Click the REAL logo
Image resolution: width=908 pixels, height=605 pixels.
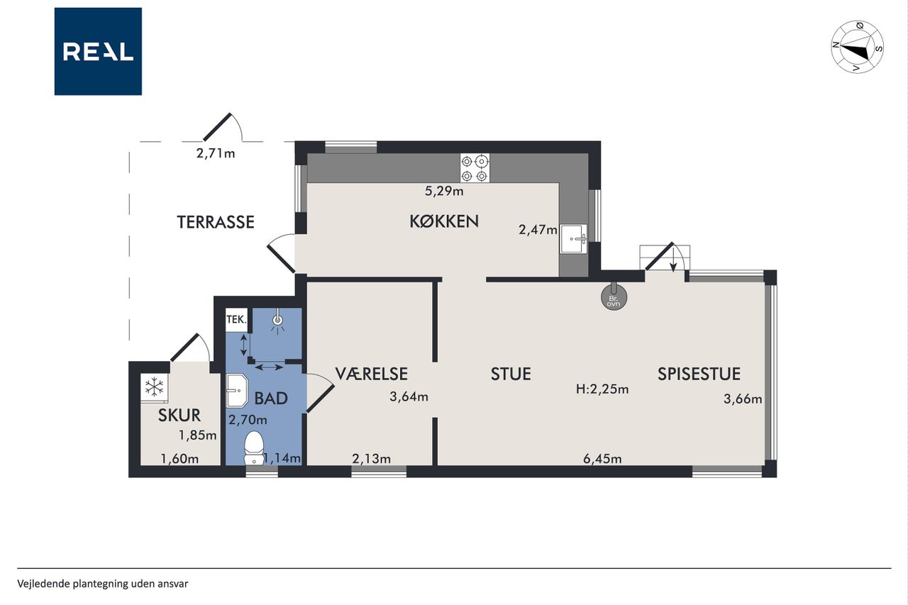pos(98,52)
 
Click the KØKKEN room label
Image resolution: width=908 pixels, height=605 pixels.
pos(444,222)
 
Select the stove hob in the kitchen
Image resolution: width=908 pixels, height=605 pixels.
pos(475,167)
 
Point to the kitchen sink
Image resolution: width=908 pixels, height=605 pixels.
pos(573,239)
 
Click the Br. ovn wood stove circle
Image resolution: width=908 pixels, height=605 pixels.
pos(614,298)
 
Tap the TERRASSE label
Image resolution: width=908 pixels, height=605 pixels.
pos(216,222)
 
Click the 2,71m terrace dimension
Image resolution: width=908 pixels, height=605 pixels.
pos(216,154)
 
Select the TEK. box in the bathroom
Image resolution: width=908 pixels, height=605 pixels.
pos(236,320)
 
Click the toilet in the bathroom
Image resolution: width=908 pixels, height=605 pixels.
pos(254,448)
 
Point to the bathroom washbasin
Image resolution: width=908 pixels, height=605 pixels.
pos(237,390)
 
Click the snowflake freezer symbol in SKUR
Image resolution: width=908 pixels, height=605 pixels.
pos(155,387)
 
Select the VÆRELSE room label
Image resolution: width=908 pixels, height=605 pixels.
pos(371,374)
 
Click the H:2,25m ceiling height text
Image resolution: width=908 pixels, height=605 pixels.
pos(602,389)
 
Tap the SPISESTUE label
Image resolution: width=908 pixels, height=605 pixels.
pos(699,374)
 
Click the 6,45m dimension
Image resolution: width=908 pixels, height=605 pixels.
pos(602,459)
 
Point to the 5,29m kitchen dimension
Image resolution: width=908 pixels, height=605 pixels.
pos(444,191)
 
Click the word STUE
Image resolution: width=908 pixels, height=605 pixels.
pos(511,374)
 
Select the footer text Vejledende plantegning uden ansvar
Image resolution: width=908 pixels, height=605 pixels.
pos(103,584)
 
